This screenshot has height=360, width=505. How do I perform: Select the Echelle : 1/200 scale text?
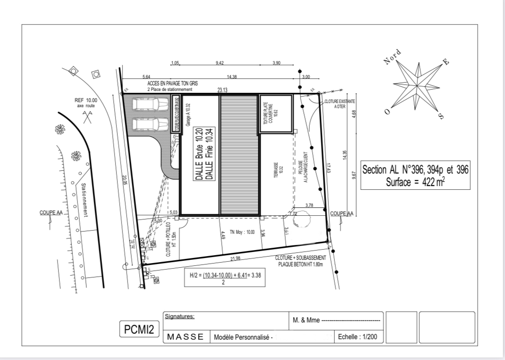click(x=358, y=337)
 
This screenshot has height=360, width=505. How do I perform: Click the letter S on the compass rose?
click(x=441, y=116)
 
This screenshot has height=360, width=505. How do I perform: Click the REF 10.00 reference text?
click(x=85, y=100)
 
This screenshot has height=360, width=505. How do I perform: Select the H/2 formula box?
click(x=224, y=278)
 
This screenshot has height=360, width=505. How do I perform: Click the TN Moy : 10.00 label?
click(x=242, y=231)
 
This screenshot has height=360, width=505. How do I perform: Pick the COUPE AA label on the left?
click(x=51, y=213)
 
